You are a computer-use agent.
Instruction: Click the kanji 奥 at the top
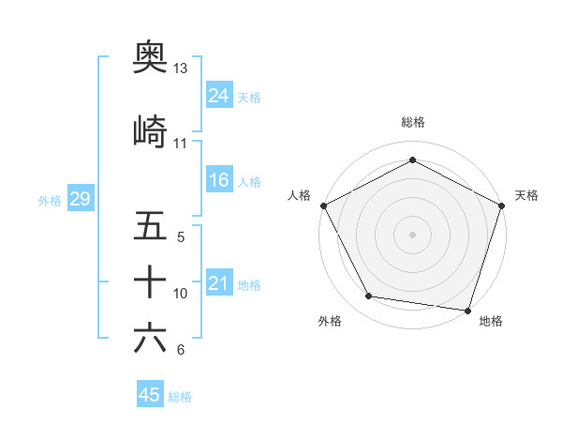(150, 57)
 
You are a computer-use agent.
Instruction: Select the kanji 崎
(150, 132)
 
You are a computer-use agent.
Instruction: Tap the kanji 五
(150, 226)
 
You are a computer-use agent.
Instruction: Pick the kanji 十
(150, 281)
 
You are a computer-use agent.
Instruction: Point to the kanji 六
(150, 338)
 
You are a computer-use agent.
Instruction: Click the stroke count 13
(180, 68)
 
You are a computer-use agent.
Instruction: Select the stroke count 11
(180, 144)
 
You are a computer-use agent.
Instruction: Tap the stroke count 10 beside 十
(181, 294)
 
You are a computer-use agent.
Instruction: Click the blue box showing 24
(218, 95)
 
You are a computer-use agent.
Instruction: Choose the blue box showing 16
(218, 180)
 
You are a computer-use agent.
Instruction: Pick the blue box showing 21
(218, 282)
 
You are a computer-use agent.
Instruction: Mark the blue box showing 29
(80, 199)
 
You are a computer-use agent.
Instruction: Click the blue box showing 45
(150, 395)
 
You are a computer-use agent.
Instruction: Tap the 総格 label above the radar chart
(412, 122)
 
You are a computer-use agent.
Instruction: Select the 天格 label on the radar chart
(526, 195)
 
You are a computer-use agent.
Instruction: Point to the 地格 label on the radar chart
(491, 321)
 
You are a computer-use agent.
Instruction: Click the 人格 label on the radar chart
(300, 195)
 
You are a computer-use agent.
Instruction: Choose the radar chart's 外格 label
(330, 321)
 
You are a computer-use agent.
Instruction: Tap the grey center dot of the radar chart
(412, 233)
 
